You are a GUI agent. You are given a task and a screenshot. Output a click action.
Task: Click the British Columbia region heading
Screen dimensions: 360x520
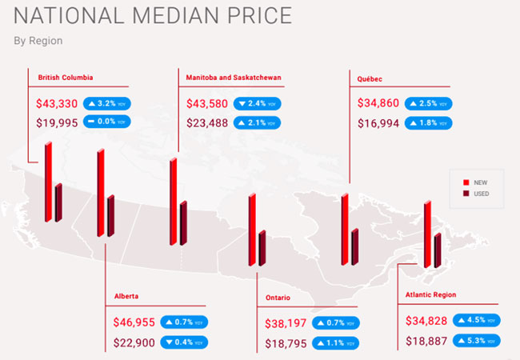tap(66, 78)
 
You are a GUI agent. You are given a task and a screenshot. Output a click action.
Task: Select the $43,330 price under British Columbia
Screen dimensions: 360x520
tap(57, 104)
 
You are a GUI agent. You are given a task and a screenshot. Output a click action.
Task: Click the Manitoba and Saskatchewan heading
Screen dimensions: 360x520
tap(234, 78)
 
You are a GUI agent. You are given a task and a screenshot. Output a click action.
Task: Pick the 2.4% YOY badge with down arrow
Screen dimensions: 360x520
tap(256, 104)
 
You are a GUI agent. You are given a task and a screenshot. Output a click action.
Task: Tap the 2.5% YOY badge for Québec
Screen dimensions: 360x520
tap(428, 104)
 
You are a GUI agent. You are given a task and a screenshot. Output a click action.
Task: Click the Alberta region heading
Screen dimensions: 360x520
tap(126, 296)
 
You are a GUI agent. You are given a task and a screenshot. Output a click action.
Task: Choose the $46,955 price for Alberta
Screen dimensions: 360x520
tap(134, 322)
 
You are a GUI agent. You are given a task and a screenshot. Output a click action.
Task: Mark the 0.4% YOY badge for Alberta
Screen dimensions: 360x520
tap(184, 342)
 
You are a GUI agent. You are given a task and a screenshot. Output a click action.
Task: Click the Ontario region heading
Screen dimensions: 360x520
tap(278, 298)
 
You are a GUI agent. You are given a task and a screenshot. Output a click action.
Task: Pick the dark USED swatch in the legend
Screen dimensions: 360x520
tap(466, 194)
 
